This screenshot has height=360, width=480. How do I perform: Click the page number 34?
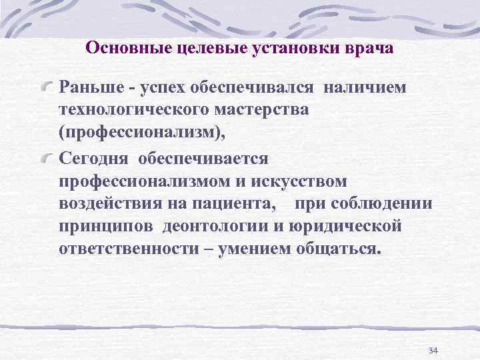[x=433, y=351]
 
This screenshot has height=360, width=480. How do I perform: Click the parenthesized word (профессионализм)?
[x=143, y=133]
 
